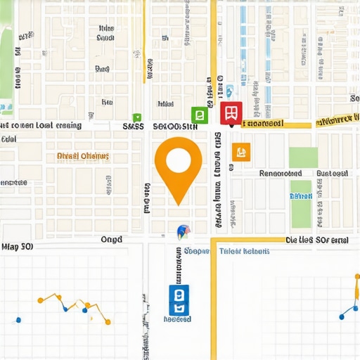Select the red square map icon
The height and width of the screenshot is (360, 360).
coord(231,112)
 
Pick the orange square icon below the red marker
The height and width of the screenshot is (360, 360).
coord(240,151)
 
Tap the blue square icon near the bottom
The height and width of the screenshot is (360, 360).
coord(179,300)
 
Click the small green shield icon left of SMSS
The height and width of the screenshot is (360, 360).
coord(137,117)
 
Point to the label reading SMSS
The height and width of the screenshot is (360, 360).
coord(134,127)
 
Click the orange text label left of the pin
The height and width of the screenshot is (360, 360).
coord(83,155)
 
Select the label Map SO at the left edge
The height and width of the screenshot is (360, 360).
coord(18,247)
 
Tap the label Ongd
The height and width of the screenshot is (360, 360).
coord(111,240)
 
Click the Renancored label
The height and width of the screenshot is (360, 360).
coord(281,173)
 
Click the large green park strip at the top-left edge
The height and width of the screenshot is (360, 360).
coord(7,56)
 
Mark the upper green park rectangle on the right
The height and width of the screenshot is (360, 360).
coord(302,157)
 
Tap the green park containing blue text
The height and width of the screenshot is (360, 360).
coord(301,204)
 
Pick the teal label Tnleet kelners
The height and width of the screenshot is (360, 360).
coord(244,251)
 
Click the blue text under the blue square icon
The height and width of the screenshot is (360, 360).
coord(177,319)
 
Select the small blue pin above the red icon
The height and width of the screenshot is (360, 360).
coord(229,91)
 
